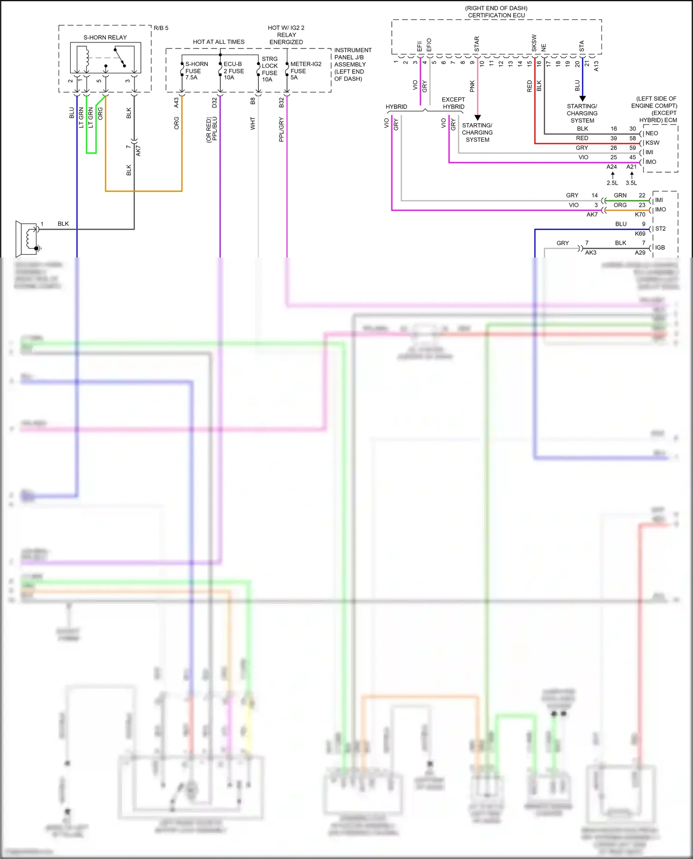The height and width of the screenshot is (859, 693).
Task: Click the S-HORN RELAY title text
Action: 105,37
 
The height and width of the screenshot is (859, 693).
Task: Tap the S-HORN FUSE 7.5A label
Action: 196,71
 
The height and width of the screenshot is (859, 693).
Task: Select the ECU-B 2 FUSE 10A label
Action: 234,71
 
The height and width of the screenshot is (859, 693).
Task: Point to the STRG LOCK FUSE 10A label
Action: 270,69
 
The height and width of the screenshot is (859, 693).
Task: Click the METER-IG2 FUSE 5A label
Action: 305,71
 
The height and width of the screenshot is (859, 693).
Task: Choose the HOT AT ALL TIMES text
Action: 219,42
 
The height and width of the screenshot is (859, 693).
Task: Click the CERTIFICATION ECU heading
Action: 496,15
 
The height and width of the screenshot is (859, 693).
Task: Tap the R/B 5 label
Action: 161,28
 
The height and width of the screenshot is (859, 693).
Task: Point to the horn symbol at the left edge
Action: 27,238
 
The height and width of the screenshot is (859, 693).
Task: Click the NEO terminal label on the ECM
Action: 651,133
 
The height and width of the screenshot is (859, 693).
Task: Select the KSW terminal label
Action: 652,143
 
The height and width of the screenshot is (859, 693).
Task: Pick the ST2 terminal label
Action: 660,229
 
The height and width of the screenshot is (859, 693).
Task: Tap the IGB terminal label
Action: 660,248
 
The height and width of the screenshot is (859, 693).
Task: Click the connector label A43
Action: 176,102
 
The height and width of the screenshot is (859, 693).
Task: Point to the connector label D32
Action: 214,102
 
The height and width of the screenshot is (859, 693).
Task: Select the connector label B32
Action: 281,102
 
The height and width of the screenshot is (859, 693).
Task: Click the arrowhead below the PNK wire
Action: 478,118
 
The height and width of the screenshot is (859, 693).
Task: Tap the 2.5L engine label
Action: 612,183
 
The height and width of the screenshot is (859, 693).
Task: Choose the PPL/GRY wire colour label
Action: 281,130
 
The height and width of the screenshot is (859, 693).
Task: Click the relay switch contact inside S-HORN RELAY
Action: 120,58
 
